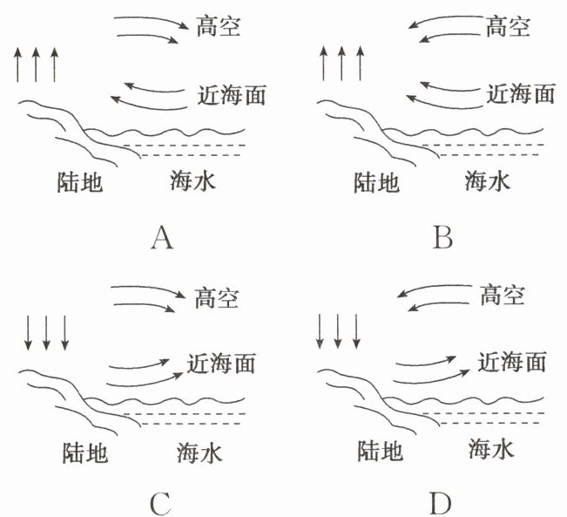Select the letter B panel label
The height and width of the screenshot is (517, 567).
click(x=442, y=237)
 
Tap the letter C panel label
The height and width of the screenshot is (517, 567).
click(x=159, y=503)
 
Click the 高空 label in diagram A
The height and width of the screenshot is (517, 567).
click(x=217, y=27)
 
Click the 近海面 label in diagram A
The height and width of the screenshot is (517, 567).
click(x=231, y=92)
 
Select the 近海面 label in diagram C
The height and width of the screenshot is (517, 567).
click(x=223, y=361)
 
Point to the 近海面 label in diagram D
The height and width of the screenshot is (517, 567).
click(x=512, y=361)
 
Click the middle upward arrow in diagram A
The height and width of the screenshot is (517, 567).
click(x=36, y=65)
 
